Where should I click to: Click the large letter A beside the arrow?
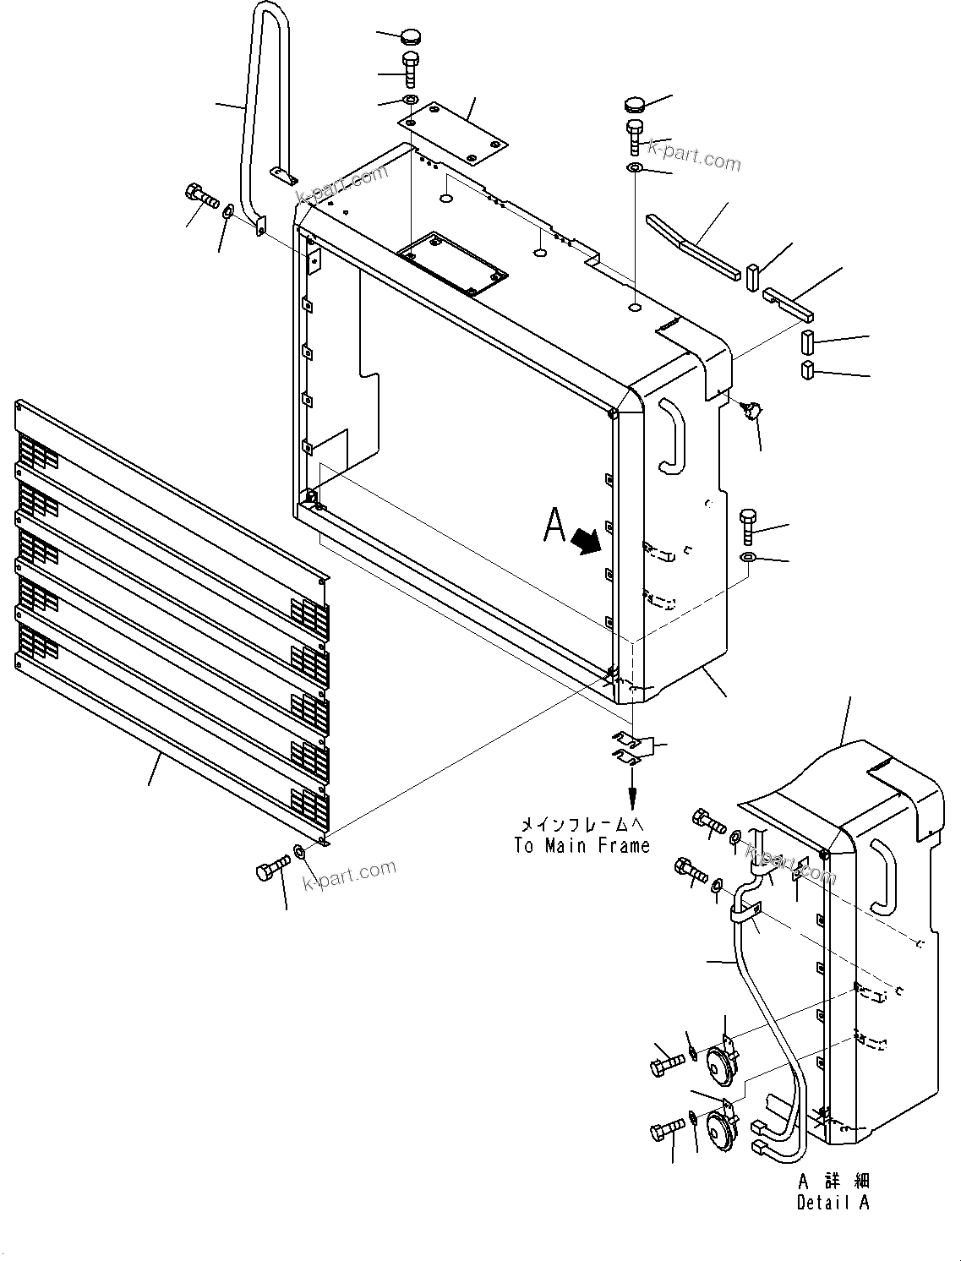pyautogui.click(x=554, y=526)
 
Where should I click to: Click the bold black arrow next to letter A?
pyautogui.click(x=589, y=541)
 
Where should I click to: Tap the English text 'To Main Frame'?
pyautogui.click(x=582, y=845)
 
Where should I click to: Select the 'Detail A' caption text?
pyautogui.click(x=832, y=1202)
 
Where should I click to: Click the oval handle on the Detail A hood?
pyautogui.click(x=881, y=877)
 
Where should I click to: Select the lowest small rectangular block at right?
pyautogui.click(x=807, y=370)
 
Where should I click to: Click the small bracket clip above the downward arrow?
pyautogui.click(x=630, y=747)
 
